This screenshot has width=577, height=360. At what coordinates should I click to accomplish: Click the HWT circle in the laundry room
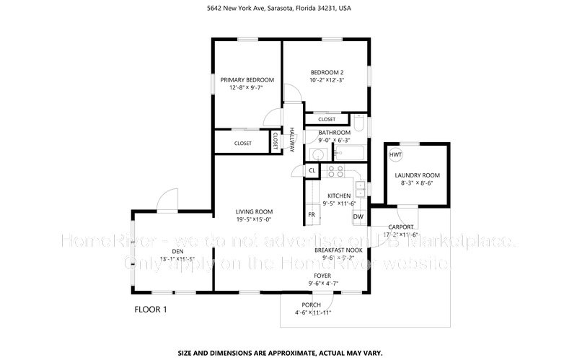click(x=396, y=155)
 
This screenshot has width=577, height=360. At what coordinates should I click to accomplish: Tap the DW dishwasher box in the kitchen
click(x=358, y=216)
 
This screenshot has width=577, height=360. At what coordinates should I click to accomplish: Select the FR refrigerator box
click(x=312, y=215)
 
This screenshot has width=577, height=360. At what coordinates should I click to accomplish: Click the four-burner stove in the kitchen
click(x=335, y=171)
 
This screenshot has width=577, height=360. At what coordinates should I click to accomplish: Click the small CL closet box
click(x=312, y=170)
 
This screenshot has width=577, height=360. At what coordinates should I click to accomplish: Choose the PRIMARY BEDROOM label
click(x=247, y=79)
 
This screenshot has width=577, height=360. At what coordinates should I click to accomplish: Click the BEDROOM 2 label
click(x=327, y=72)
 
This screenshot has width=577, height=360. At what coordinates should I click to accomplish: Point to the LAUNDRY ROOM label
click(x=417, y=175)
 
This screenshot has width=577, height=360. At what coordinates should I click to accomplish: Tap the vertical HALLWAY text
click(x=292, y=139)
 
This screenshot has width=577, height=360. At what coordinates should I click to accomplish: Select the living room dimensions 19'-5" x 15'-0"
click(x=253, y=219)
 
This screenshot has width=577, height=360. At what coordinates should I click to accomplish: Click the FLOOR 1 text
click(x=151, y=309)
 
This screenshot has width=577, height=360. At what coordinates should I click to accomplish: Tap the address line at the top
click(x=288, y=9)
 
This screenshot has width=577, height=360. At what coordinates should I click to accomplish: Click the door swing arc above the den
click(x=167, y=196)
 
